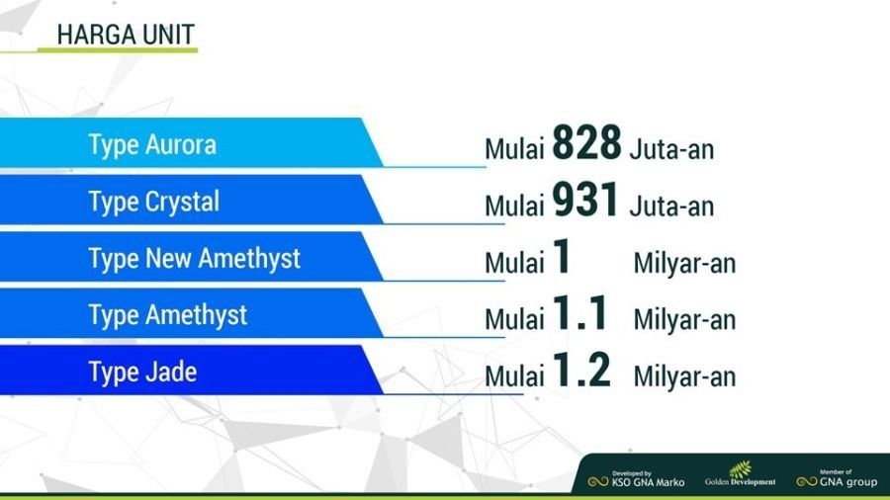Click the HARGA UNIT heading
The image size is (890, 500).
[x=126, y=36]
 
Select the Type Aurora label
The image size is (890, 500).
[x=152, y=145]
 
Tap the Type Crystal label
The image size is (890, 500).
[x=154, y=203]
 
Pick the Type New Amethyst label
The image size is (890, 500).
[x=194, y=259]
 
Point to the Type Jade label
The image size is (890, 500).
[x=142, y=373]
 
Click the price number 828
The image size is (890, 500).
[x=586, y=142]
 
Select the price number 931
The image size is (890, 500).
[x=585, y=200]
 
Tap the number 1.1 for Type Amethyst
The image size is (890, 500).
[x=580, y=313]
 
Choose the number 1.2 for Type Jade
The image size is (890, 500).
[x=581, y=370]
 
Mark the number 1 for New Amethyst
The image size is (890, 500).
[x=562, y=256]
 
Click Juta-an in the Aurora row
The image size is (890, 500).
[x=671, y=149]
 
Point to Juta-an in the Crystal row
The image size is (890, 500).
[x=671, y=207]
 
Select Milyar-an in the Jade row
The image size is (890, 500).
[x=684, y=376]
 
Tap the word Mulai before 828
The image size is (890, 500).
[x=514, y=149]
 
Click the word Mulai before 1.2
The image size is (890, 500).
[x=514, y=376]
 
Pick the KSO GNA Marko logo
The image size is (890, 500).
[x=636, y=479]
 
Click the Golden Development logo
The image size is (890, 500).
[x=740, y=474]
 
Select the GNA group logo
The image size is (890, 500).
[x=837, y=479]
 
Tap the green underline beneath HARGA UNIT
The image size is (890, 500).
[x=99, y=50]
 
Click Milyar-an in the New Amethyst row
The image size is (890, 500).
[x=684, y=263]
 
